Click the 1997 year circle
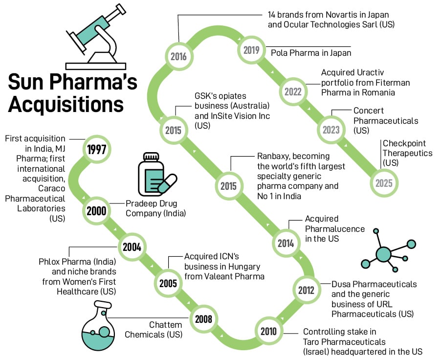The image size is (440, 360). (97, 149)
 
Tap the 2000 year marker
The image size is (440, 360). (96, 211)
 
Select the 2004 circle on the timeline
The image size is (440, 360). (132, 247)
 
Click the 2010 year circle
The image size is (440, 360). (268, 332)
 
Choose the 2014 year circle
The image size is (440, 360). (286, 243)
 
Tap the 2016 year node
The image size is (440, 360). (178, 56)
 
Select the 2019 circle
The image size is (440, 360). (250, 50)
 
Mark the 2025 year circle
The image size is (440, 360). (384, 183)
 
